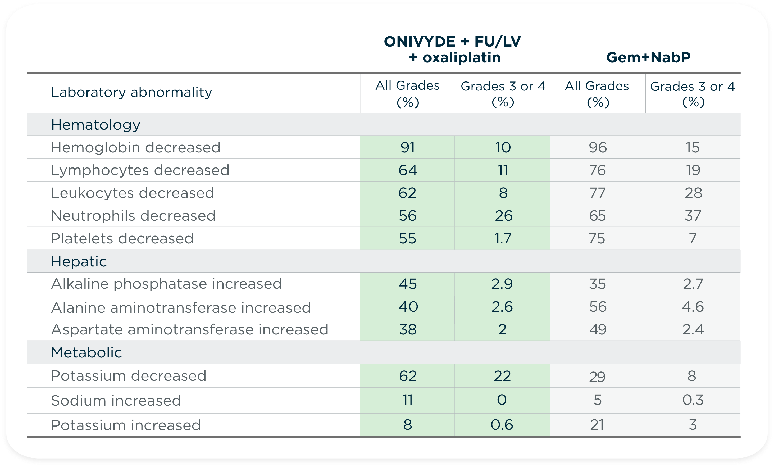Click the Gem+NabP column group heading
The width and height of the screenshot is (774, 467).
pos(648,57)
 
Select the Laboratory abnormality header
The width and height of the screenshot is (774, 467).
pos(131,92)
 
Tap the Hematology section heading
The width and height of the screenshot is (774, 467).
pos(95,125)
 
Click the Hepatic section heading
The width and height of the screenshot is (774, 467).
pos(79,261)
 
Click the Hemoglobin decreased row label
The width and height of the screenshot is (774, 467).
pos(136,147)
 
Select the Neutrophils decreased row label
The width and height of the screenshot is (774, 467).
pos(133,216)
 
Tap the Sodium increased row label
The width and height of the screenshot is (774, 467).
pos(116,401)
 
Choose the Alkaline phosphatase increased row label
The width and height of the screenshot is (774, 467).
pos(166,284)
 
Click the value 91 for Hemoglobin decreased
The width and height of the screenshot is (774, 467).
pos(407,147)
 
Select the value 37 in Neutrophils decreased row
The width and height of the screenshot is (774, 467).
pos(693,216)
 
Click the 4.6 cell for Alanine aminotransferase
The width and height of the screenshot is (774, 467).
pos(693,307)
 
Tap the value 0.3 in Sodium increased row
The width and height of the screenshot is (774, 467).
pos(693,400)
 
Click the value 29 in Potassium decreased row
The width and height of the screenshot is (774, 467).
pos(597,377)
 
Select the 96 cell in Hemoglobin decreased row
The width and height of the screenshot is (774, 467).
pos(598,147)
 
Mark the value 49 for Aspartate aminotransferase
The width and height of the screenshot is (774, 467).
pos(598,329)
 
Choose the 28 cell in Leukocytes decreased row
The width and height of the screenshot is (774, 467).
pos(693,193)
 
